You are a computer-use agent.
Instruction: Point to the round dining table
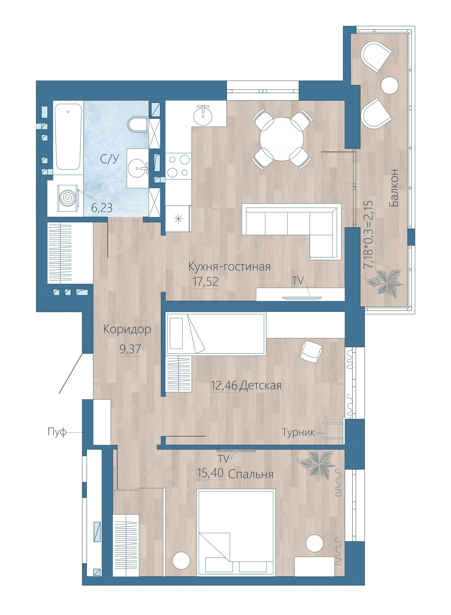coord(281,139)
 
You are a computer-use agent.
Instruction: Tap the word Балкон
coord(394,188)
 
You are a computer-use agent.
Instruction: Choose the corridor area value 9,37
coord(130,349)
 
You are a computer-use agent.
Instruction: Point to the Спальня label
coord(251,475)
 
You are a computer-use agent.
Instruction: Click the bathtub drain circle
coord(68,112)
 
